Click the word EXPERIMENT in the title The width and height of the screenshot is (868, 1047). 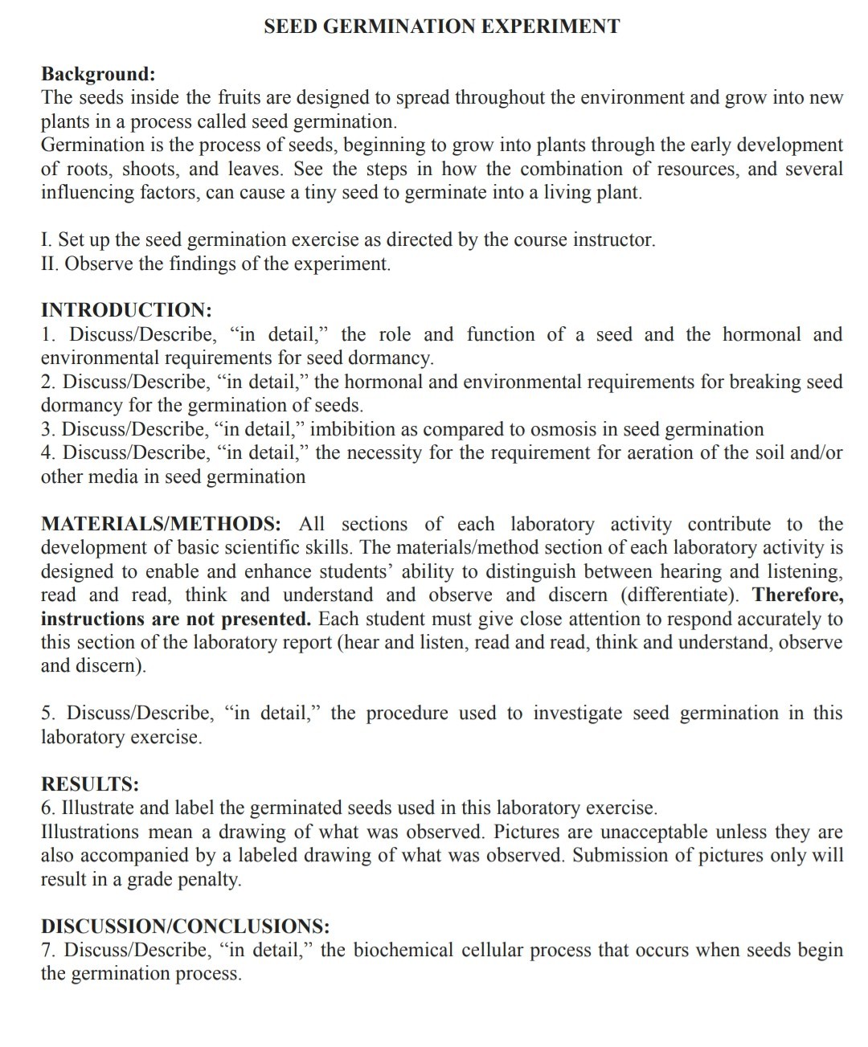click(x=551, y=27)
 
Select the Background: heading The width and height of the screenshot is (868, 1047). click(x=98, y=74)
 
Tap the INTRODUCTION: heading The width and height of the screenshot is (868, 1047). click(x=126, y=310)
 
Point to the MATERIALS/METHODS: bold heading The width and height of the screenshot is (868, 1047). click(x=161, y=524)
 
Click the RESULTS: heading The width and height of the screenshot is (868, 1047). click(x=90, y=783)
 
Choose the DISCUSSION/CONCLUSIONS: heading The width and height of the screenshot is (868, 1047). click(x=185, y=926)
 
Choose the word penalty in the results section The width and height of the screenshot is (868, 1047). click(x=207, y=879)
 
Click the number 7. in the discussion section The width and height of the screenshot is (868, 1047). click(x=48, y=950)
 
